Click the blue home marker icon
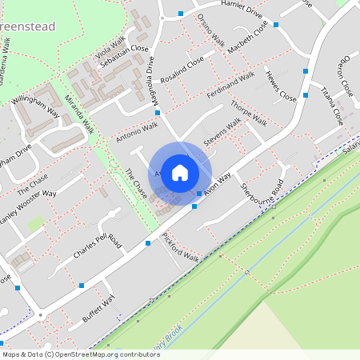(180, 172)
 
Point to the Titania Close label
(332, 108)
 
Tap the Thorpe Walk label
(248, 114)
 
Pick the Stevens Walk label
(222, 132)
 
